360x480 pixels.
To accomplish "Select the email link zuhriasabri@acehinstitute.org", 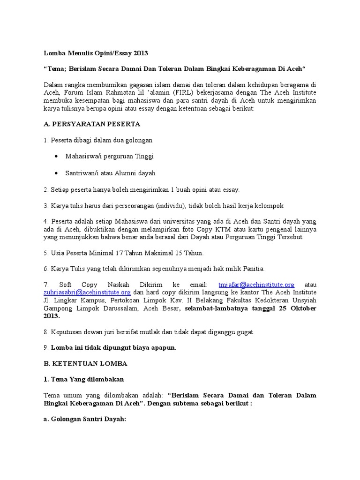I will tap(87, 292).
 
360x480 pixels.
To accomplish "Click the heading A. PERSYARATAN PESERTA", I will tap(92, 124).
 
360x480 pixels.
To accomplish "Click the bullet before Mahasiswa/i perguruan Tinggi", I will tap(57, 156).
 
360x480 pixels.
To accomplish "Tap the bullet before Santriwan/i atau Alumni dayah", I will tap(57, 173).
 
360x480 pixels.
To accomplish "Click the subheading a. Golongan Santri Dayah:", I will tap(85, 420).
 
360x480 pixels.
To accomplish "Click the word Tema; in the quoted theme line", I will tap(57, 69).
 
